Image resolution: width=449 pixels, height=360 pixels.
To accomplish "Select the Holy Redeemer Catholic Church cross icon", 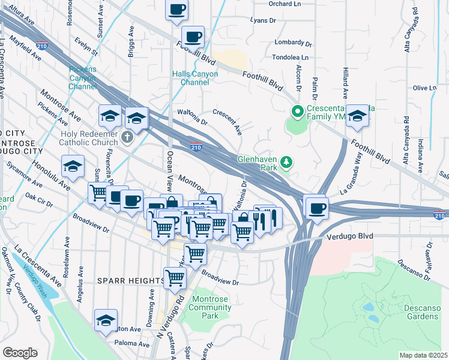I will [127, 137].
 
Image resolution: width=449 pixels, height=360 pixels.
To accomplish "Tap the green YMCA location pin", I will [296, 112].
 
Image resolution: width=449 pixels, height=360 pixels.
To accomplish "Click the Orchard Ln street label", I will [284, 4].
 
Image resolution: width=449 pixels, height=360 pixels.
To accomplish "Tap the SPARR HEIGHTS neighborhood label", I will [130, 281].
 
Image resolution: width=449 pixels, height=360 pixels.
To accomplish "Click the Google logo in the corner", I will [20, 352].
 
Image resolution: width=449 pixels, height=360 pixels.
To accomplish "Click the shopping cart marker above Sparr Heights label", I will [175, 277].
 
